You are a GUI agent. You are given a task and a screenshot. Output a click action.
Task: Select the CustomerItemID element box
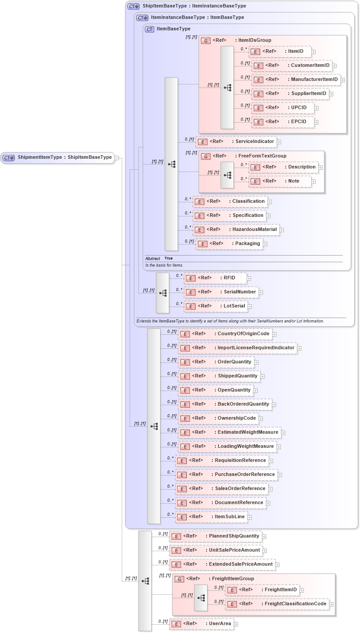click(292, 66)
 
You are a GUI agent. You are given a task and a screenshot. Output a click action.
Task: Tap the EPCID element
click(283, 122)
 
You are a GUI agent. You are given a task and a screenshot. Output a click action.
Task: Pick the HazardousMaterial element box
click(238, 230)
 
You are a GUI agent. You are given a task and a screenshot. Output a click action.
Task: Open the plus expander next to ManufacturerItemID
click(343, 80)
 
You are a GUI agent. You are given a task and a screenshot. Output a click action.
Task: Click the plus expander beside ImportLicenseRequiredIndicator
click(299, 348)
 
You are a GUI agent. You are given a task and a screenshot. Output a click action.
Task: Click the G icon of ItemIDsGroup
click(205, 40)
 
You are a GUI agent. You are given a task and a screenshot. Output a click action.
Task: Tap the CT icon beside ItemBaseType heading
click(149, 29)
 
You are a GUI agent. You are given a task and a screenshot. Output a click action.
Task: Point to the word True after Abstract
click(168, 259)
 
